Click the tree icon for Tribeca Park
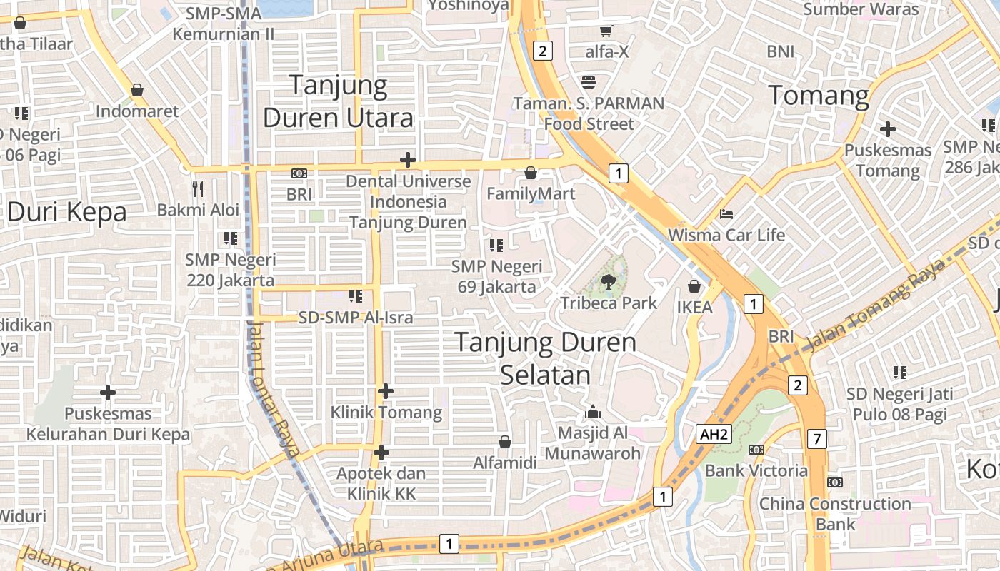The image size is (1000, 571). point(609,281)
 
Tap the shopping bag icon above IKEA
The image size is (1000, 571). point(694,287)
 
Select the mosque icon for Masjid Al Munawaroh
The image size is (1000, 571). point(592,412)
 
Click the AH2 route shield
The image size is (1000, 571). point(715,434)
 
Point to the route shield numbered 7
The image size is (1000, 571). point(817,439)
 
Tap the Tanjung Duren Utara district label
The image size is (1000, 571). point(339,101)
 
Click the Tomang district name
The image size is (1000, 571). point(819,95)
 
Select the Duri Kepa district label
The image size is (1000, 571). point(66,212)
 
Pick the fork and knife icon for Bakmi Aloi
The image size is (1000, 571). point(198,189)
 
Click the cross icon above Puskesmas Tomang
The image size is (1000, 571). point(887,129)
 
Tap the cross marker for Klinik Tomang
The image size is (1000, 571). point(386,391)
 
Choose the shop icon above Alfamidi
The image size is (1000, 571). point(504,442)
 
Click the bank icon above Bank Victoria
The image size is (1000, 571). point(756,450)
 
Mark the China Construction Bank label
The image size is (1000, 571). point(835,514)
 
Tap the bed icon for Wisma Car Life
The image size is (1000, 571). point(726,213)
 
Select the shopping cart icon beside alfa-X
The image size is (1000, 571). point(606,31)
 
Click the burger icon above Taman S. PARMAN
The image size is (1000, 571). point(589,81)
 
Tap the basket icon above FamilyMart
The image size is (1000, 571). point(530,173)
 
